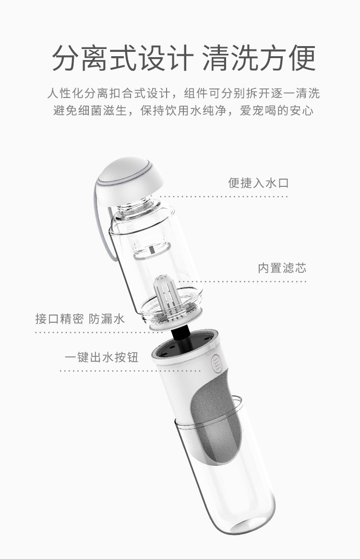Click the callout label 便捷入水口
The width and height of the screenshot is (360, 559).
click(258, 183)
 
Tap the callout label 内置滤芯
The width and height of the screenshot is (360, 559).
click(282, 268)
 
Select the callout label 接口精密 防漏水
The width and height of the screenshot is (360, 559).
click(80, 318)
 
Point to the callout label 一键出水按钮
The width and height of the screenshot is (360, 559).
click(102, 357)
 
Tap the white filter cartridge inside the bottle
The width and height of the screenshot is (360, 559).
click(164, 296)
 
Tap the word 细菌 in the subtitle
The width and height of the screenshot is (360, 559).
click(89, 110)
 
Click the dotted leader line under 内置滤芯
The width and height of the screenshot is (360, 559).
click(242, 281)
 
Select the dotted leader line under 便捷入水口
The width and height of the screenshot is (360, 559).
click(224, 196)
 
